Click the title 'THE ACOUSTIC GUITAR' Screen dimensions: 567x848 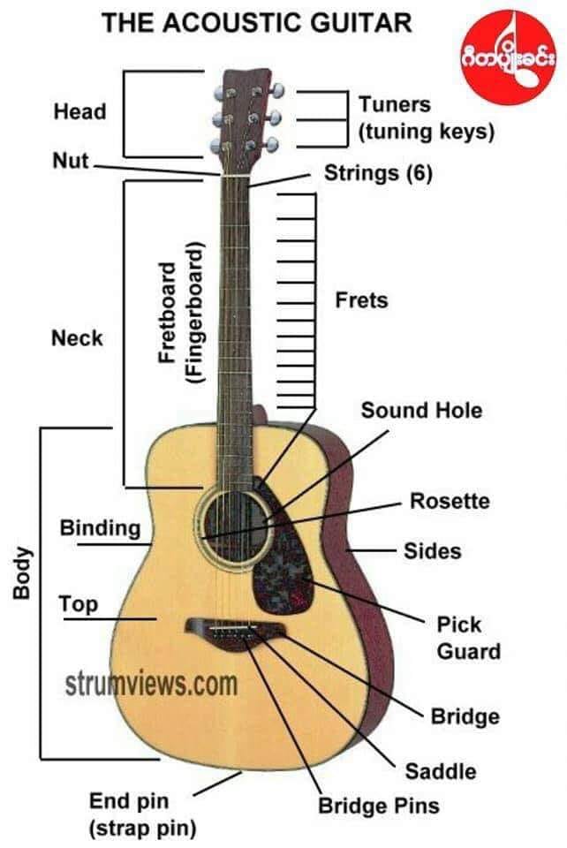257,24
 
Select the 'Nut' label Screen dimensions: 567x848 71,161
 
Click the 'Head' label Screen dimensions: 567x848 79,112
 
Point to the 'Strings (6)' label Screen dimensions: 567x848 378,174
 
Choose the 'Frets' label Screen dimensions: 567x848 361,300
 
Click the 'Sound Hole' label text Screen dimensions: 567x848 421,411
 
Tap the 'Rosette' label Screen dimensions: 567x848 450,501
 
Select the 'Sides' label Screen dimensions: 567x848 433,551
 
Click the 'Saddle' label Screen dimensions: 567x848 441,772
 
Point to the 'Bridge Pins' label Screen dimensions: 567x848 378,806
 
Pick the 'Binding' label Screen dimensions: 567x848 100,528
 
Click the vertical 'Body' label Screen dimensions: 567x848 21,573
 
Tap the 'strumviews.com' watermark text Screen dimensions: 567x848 151,684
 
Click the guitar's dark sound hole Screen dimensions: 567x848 235,528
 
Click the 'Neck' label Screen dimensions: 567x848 77,338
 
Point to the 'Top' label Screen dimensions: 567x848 79,604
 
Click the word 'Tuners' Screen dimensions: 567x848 395,104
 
